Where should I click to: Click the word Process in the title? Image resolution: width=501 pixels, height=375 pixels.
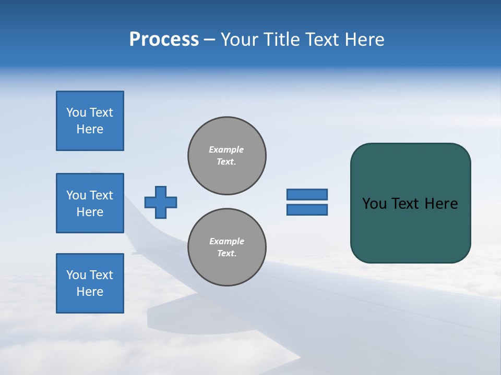click(164, 40)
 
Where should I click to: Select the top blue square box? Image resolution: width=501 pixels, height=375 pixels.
click(90, 121)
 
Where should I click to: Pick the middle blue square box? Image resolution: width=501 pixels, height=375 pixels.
click(90, 203)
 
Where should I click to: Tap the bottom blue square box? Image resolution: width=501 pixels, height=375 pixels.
click(90, 283)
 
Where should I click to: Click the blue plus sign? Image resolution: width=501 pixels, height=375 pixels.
click(161, 202)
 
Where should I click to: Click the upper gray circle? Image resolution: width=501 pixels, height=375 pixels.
click(226, 156)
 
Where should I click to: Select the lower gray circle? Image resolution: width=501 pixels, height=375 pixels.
click(226, 247)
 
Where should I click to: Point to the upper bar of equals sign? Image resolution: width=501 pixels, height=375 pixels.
click(307, 194)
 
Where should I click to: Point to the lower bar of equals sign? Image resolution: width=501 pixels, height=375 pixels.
click(307, 209)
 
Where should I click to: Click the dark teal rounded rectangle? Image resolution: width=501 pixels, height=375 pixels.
click(410, 229)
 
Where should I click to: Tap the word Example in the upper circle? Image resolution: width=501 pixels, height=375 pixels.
click(226, 149)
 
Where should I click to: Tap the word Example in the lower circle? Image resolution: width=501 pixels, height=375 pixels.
click(226, 241)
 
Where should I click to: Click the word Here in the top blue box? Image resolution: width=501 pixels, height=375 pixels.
click(90, 129)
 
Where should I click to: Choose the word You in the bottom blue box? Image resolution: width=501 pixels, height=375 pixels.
click(76, 275)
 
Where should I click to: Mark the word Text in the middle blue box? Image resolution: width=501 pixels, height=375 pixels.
click(101, 195)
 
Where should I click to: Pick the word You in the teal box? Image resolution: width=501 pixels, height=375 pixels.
click(374, 204)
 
